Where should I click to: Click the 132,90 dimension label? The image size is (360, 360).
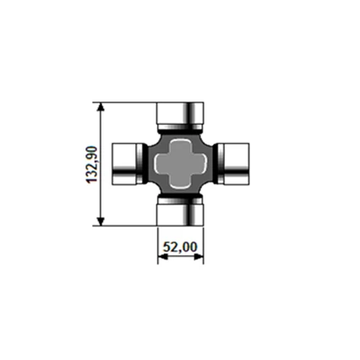[91, 165]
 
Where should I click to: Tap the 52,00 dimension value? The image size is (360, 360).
[180, 247]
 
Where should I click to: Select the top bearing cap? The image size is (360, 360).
[180, 116]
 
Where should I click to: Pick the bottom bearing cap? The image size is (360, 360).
[180, 212]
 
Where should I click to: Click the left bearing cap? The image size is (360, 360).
[128, 164]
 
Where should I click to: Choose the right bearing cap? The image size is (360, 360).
[233, 164]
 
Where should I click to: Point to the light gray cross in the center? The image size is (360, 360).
[180, 163]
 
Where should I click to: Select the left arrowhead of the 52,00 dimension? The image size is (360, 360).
[162, 256]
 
